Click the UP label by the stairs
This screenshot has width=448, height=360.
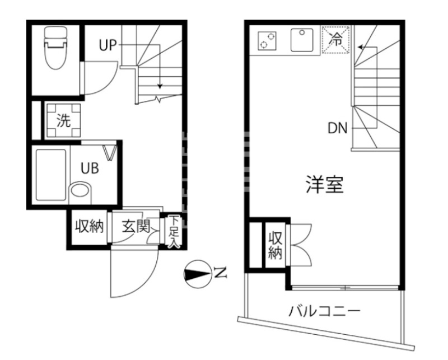coord(108,45)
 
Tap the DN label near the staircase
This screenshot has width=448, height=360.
coord(338,128)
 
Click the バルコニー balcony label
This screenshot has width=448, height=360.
coord(324,310)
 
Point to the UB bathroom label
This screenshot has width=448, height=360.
coord(89,168)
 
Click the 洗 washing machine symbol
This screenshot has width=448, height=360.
coord(64,120)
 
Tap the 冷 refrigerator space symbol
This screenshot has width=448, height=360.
coord(336,39)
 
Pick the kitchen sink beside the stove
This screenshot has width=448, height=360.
coord(303,40)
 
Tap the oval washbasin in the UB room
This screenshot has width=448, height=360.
coord(80,191)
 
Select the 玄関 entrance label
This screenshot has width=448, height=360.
coord(135,227)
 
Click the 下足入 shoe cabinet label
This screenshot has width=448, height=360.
coord(174,231)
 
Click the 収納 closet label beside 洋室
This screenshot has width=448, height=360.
coord(275,245)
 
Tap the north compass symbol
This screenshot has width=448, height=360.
coord(197,274)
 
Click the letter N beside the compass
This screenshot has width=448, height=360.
coord(220,274)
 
